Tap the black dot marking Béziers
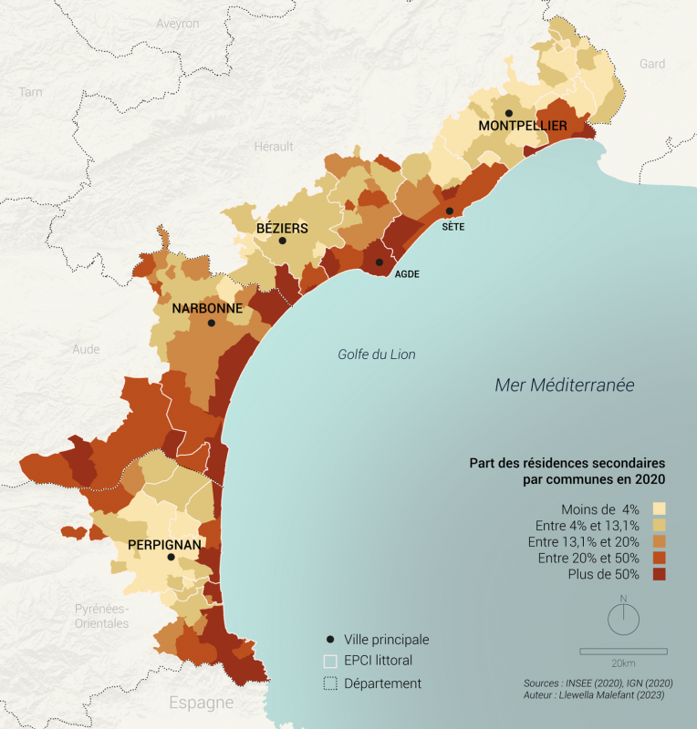click(283, 241)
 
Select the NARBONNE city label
click(207, 308)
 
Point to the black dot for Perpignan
click(171, 557)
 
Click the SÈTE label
click(453, 227)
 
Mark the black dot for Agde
click(379, 262)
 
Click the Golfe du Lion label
click(376, 354)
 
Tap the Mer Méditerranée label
click(564, 385)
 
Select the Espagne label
click(201, 703)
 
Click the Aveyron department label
click(177, 24)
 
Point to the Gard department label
click(652, 64)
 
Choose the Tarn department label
click(31, 92)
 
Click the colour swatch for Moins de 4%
click(659, 508)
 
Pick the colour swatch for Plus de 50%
click(659, 574)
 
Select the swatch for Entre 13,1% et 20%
click(659, 541)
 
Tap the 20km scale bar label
click(623, 662)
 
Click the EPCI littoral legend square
click(330, 661)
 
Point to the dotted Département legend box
click(330, 683)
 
